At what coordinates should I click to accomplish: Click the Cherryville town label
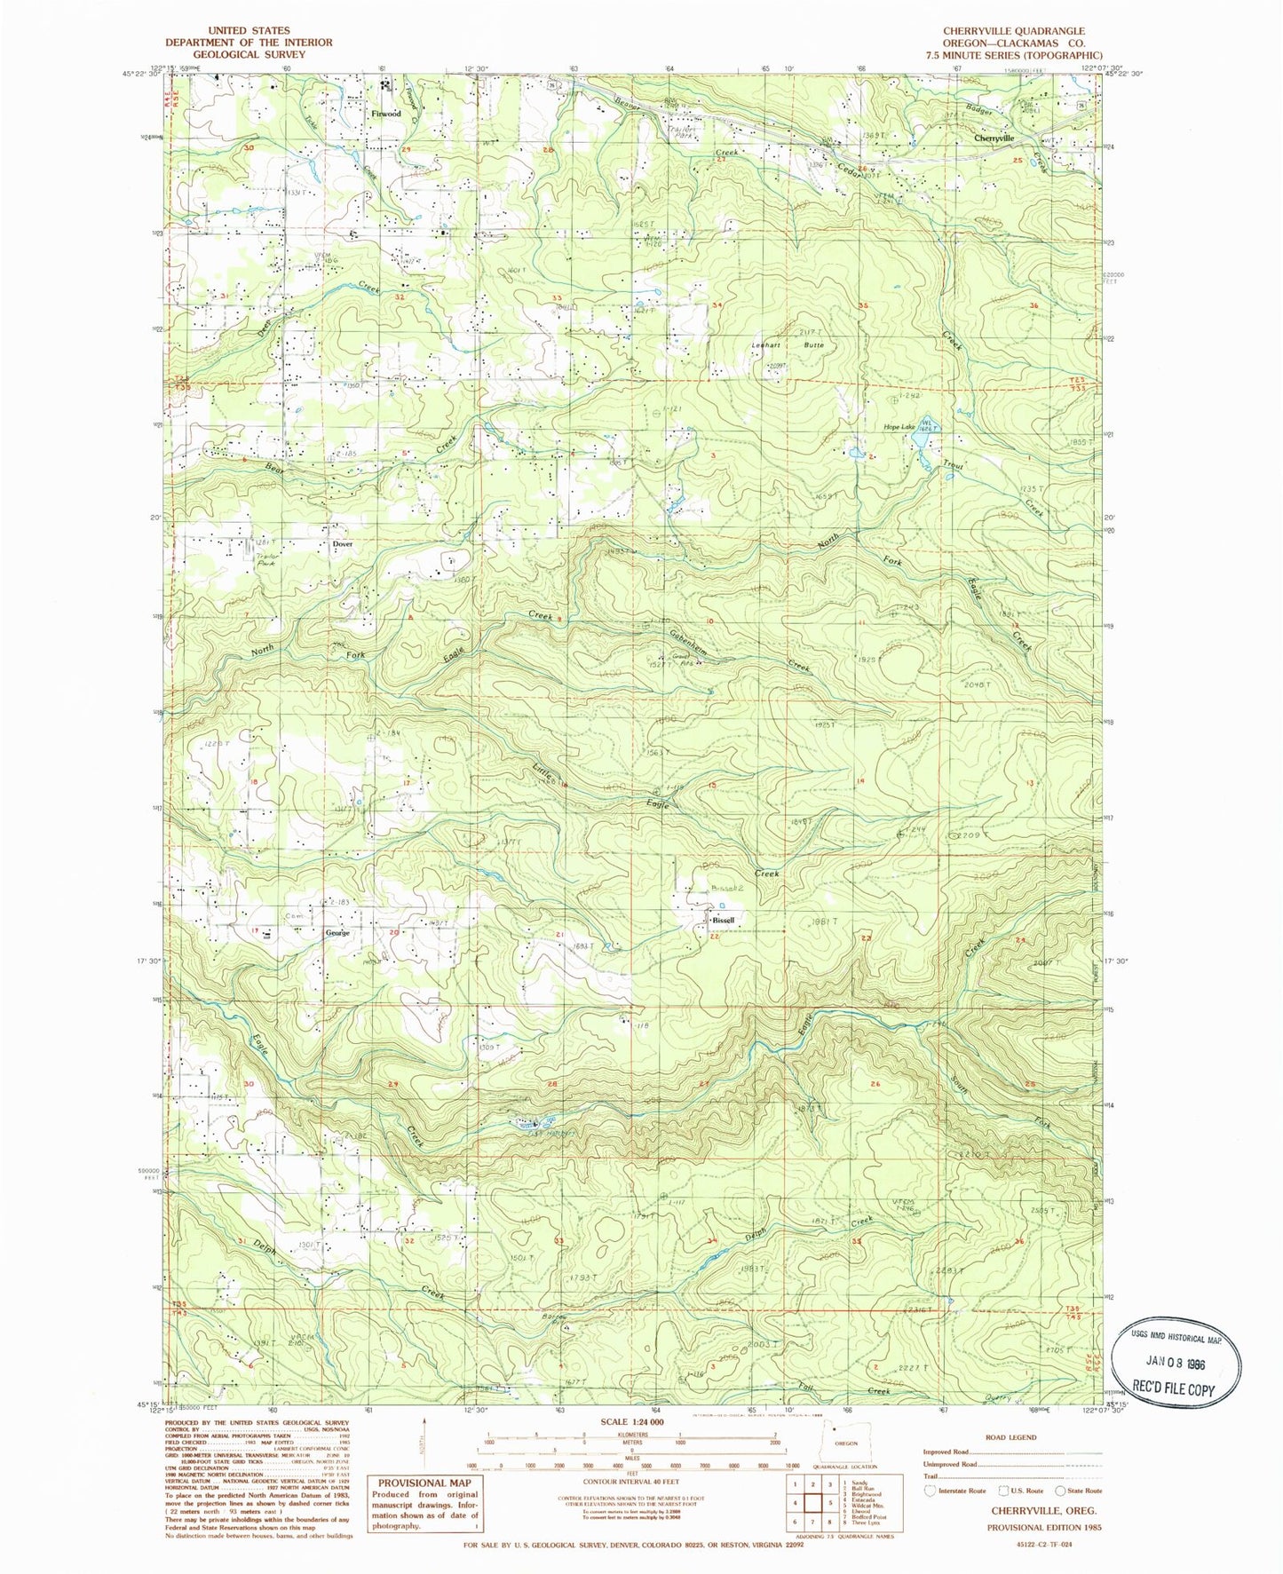click(x=994, y=138)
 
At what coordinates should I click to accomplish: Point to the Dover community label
click(x=343, y=544)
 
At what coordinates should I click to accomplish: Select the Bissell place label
click(x=724, y=920)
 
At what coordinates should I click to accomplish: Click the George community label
click(x=337, y=932)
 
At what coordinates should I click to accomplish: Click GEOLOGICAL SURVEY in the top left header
click(x=249, y=54)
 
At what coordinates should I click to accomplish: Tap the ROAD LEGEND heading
click(x=1010, y=1437)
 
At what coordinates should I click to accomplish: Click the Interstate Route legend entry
click(x=956, y=1491)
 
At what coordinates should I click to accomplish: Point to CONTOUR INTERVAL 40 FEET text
click(x=626, y=1481)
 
